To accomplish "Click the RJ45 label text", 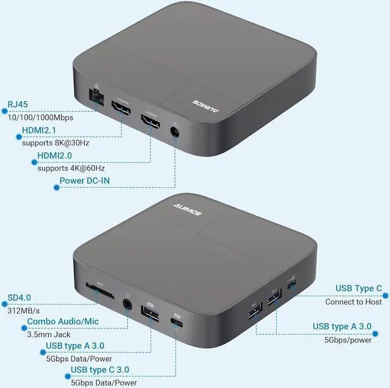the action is [17, 104].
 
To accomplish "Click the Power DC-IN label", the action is [89, 182].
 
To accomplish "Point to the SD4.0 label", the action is [19, 297].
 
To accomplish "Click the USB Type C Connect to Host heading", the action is [359, 289].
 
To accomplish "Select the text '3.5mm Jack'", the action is [49, 334].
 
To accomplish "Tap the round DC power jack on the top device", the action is [175, 131].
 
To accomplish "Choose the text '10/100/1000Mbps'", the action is [41, 117].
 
